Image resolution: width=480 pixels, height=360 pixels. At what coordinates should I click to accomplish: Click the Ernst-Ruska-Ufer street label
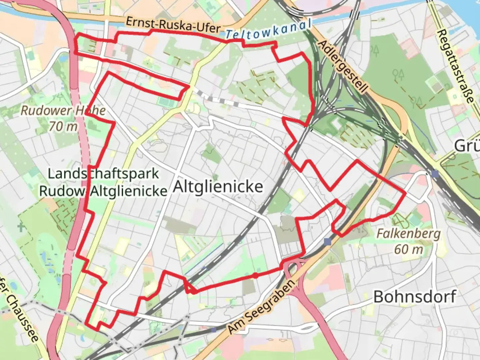[173, 25]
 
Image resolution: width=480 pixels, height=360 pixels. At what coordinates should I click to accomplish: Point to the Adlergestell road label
[343, 67]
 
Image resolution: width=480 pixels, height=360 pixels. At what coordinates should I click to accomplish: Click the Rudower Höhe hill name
[63, 110]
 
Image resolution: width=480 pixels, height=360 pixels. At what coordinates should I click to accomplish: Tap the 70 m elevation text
[63, 126]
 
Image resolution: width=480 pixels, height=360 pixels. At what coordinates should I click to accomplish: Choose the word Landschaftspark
[103, 174]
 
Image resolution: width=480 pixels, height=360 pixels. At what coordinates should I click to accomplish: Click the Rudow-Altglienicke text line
[103, 191]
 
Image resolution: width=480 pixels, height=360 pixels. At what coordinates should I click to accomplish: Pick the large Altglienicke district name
[218, 187]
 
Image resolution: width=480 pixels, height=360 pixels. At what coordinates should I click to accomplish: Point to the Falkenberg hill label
[409, 234]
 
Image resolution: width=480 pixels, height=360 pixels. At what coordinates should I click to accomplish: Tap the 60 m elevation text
[409, 249]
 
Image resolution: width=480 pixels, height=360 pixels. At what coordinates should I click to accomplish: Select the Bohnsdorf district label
[415, 296]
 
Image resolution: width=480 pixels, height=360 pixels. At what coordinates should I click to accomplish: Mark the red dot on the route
[255, 275]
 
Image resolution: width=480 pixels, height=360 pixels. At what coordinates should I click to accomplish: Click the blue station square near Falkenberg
[328, 241]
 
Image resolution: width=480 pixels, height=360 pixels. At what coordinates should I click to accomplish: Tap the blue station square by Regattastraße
[435, 174]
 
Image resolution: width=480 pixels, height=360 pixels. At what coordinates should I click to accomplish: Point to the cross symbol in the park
[21, 228]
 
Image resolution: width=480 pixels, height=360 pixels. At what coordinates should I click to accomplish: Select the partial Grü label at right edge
[467, 146]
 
